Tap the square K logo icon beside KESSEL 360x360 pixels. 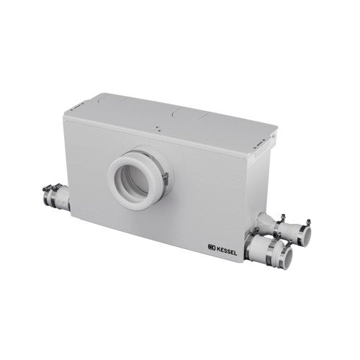point(212,248)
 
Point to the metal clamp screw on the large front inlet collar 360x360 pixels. point(165,177)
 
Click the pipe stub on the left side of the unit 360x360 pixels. point(57,198)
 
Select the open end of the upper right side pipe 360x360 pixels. point(307,237)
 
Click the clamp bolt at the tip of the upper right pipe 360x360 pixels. point(308,222)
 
